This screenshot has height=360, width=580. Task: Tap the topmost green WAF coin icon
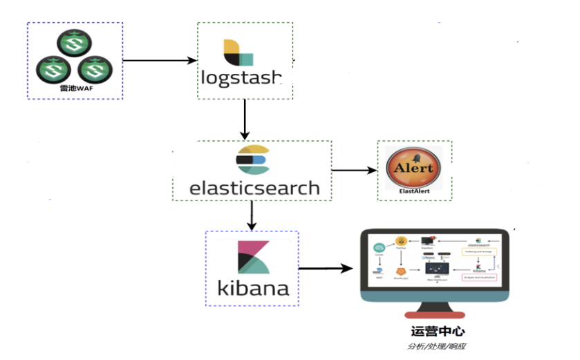tap(73, 46)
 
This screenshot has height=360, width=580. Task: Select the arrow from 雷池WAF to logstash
tap(160, 61)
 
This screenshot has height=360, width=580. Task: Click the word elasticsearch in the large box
tap(255, 187)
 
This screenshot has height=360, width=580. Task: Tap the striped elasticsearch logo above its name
tap(251, 160)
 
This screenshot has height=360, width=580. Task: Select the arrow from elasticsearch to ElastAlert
tap(354, 170)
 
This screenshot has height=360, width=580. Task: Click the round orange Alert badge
tap(413, 167)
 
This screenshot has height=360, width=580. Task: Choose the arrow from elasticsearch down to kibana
tap(252, 216)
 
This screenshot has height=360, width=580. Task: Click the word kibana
tap(253, 286)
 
